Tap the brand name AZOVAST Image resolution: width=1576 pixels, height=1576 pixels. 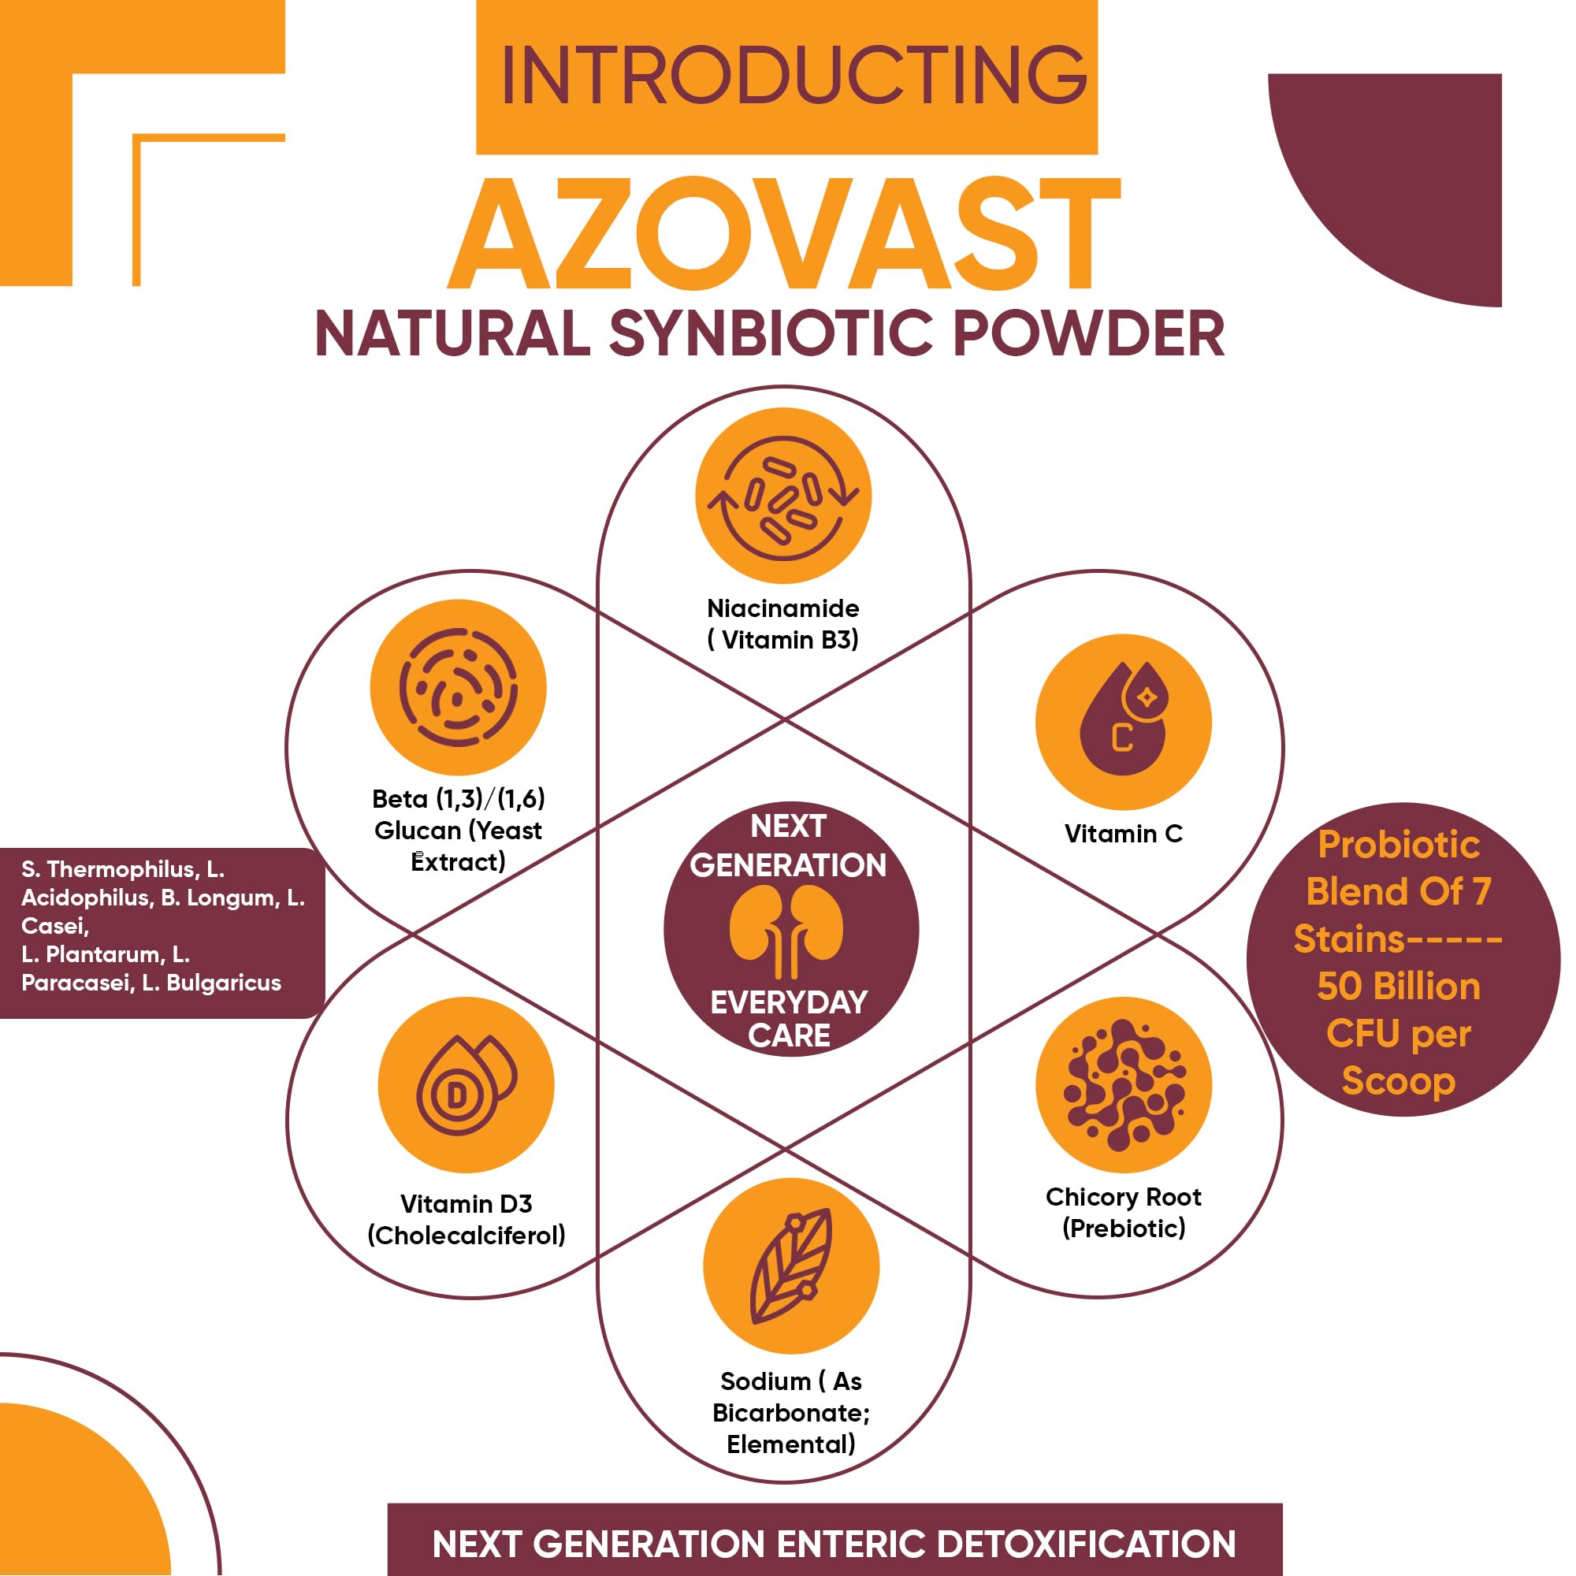(785, 236)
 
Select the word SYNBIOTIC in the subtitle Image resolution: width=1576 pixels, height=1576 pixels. (770, 333)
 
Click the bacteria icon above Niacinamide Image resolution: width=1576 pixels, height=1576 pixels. (783, 496)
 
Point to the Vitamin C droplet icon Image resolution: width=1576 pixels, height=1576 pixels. (1123, 721)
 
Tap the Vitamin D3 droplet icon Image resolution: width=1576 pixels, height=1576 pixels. (466, 1084)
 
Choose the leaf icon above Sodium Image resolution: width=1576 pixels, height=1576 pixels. (790, 1266)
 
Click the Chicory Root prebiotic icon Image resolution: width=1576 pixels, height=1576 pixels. (1123, 1084)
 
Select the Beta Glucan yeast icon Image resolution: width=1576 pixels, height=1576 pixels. (458, 687)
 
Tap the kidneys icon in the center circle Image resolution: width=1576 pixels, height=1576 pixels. (786, 931)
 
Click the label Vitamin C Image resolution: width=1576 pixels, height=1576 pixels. (1123, 834)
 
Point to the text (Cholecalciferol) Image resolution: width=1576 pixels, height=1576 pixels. (466, 1235)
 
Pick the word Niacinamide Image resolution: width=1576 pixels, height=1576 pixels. (783, 608)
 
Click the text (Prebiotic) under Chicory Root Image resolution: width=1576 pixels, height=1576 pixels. (1123, 1228)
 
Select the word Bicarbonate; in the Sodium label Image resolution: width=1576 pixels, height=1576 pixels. (790, 1413)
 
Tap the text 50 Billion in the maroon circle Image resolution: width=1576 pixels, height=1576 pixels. (1398, 987)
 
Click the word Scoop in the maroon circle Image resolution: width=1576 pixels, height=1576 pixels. (1398, 1081)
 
